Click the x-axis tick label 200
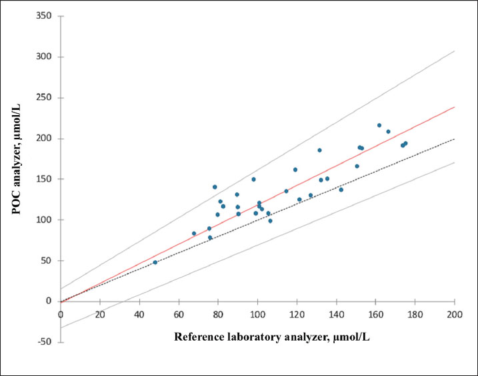pos(455,314)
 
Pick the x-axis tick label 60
pos(179,314)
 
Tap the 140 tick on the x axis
pos(336,314)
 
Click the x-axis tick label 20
pos(100,314)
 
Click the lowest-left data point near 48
pos(155,262)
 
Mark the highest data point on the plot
pos(379,125)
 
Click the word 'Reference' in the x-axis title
pos(200,337)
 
